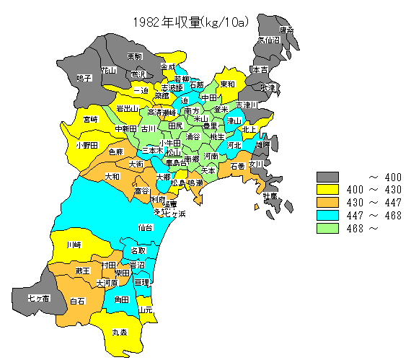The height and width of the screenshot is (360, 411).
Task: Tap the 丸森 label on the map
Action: coord(120,333)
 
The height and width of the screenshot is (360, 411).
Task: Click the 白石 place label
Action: coord(77,300)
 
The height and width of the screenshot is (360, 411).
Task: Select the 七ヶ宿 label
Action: coord(38,297)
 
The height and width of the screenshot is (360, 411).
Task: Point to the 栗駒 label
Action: coord(134,56)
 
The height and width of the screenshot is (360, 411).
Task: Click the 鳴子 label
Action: coord(84,78)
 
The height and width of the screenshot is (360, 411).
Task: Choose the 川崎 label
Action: coord(74,245)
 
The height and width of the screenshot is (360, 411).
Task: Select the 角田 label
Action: coord(120,299)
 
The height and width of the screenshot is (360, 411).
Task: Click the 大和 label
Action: coord(112,176)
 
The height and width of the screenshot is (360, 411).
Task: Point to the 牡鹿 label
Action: coord(269,196)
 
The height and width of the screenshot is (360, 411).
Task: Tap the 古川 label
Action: coord(148,128)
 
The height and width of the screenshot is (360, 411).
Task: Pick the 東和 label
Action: coord(227,84)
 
